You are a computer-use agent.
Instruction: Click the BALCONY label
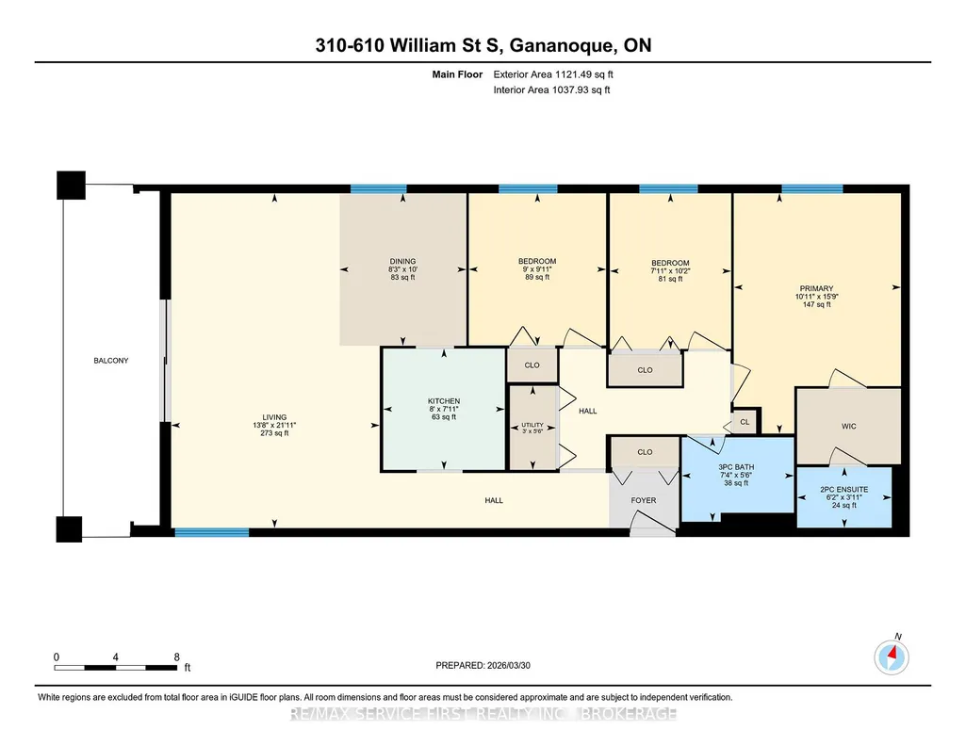(111, 361)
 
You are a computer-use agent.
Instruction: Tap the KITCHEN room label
(444, 400)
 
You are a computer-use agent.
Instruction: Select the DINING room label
(402, 261)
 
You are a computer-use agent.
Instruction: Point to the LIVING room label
(274, 417)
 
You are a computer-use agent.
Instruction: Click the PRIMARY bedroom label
(816, 288)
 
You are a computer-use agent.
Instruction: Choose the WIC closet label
(849, 426)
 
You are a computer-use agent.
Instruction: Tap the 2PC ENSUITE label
(844, 490)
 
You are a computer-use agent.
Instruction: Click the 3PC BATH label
(736, 467)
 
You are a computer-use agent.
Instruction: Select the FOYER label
(643, 500)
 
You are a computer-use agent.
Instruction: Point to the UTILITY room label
(532, 425)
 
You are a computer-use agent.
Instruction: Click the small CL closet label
(745, 422)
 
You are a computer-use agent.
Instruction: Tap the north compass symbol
(892, 657)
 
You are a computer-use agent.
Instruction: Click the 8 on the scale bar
(177, 657)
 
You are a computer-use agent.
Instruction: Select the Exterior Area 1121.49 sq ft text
(553, 74)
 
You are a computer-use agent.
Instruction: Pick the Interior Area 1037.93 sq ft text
(552, 89)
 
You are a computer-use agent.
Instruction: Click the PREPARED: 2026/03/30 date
(483, 665)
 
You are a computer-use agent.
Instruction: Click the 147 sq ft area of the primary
(816, 304)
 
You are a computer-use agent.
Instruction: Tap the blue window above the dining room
(378, 189)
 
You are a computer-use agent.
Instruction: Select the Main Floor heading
(457, 74)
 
